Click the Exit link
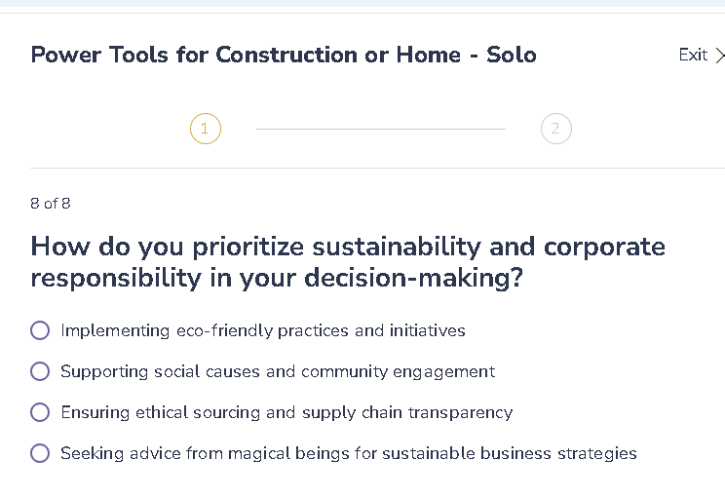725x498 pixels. [693, 55]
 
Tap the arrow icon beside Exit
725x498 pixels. [719, 56]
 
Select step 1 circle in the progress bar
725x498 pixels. [206, 129]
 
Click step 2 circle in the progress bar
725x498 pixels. [555, 129]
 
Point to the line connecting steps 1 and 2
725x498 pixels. [380, 129]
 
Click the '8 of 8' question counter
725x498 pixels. [51, 204]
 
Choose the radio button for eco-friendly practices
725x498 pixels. [40, 330]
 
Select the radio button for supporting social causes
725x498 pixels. [40, 371]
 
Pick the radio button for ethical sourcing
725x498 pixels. [40, 412]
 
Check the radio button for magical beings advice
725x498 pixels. [40, 453]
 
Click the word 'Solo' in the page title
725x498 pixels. [512, 55]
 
